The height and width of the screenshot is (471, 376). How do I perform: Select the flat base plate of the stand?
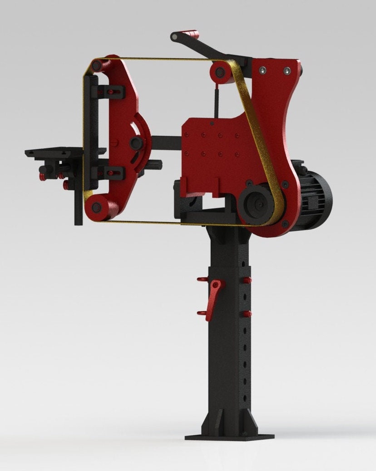coord(229,437)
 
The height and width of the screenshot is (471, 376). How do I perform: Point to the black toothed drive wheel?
coord(257,205)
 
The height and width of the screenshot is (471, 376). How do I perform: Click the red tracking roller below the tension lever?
coord(220,72)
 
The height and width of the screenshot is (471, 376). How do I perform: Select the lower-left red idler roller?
coord(96,207)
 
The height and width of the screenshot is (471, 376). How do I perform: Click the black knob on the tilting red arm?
coord(136,144)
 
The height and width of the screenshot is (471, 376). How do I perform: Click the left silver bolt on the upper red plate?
coord(262,70)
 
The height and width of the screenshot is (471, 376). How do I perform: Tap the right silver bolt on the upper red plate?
coord(287,71)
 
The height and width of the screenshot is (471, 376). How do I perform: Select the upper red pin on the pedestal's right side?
coord(247,280)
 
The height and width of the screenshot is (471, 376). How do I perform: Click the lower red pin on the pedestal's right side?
coord(247,314)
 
